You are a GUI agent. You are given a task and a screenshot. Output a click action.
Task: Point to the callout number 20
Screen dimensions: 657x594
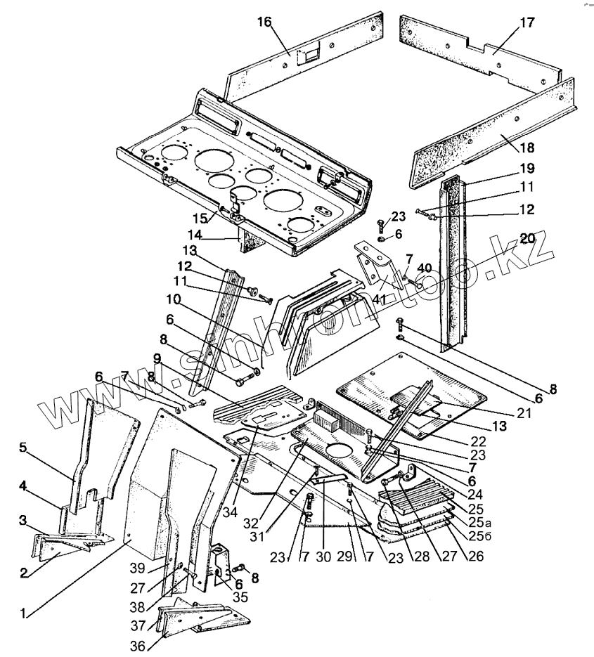point(527,237)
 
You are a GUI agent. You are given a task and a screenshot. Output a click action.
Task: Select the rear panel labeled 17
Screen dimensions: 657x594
point(478,49)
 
